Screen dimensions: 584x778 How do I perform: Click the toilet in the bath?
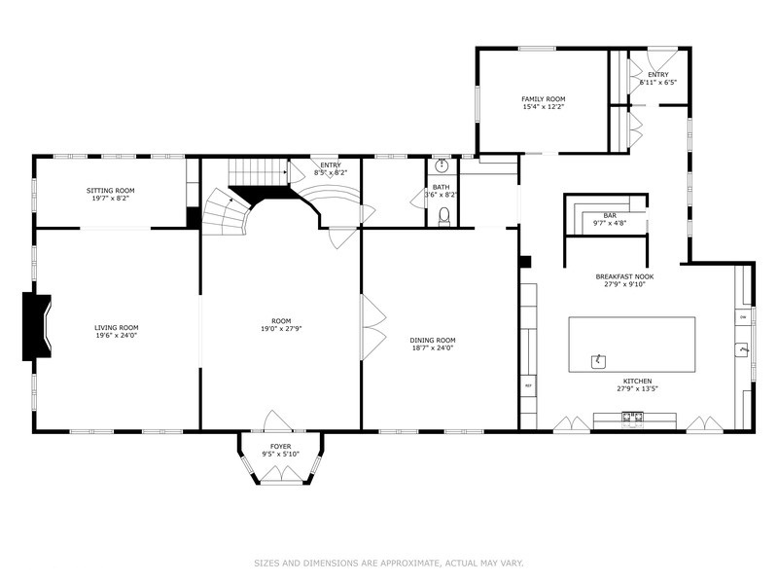tap(444, 216)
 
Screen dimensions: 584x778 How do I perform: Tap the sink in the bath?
tap(441, 166)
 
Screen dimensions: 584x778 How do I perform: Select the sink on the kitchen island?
tap(598, 361)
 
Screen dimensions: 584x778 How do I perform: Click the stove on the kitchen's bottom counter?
tap(633, 420)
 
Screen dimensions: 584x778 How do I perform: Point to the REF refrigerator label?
tap(529, 386)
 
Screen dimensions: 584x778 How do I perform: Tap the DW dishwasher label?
tap(744, 318)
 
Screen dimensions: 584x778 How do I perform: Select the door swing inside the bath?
tap(418, 198)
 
